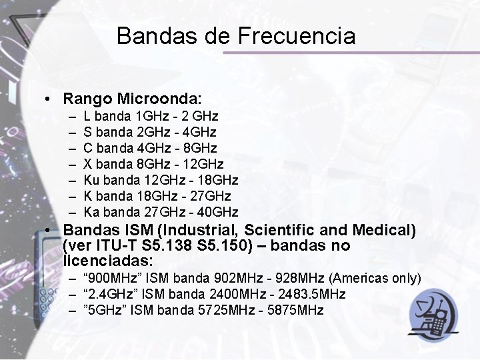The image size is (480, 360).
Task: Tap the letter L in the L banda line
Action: click(87, 116)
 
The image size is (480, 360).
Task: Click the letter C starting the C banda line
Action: click(89, 148)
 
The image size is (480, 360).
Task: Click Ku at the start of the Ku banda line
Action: click(92, 180)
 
